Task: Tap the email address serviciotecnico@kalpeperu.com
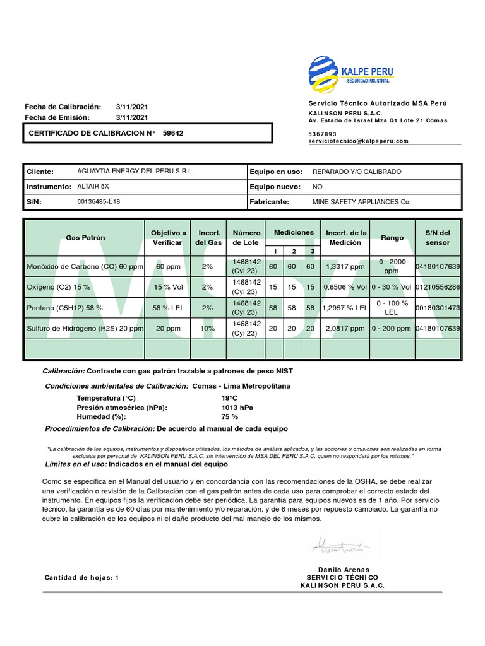pos(358,141)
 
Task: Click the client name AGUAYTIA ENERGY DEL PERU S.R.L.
pos(135,172)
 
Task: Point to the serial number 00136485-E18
pos(99,202)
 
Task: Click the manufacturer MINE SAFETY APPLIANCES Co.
pos(361,202)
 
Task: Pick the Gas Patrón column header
pos(85,238)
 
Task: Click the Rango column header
pos(392,238)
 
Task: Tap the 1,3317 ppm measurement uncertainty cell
pos(344,267)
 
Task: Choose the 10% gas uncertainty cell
pos(207,329)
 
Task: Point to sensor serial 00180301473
pos(438,308)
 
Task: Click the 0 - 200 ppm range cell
pos(392,329)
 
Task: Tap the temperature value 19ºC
pos(229,398)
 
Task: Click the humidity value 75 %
pos(230,416)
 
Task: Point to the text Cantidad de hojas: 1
pos(81,578)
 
